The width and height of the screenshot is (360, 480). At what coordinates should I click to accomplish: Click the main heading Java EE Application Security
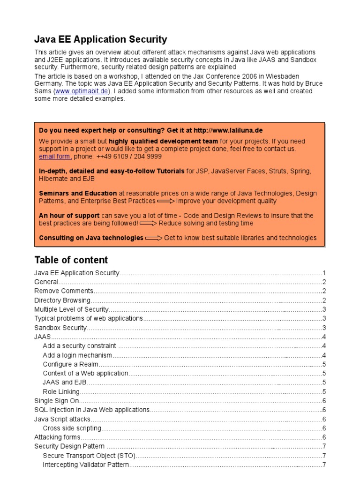point(101,39)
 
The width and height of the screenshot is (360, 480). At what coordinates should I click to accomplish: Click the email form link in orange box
point(55,157)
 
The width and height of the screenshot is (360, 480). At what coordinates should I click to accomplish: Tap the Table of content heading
point(71,260)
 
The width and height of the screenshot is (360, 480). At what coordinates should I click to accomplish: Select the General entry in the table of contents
point(46,282)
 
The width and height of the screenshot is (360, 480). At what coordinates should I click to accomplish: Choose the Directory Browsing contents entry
point(62,300)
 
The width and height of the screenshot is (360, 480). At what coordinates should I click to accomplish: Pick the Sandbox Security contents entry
point(60,328)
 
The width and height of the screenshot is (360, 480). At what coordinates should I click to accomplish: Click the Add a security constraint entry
point(79,346)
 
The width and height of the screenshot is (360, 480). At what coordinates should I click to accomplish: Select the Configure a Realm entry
point(70,364)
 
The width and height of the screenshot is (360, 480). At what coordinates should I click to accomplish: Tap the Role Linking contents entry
point(61,392)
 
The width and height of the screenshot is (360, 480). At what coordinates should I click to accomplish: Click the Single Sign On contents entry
point(57,401)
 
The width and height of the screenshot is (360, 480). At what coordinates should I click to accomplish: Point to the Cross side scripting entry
point(72,428)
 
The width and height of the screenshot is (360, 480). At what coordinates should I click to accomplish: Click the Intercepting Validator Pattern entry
point(85,465)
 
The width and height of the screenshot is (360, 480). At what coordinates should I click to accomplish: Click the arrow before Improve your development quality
point(165,201)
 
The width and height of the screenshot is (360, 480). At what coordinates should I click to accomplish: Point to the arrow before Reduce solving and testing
point(148,224)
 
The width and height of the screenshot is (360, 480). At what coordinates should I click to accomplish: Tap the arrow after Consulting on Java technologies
point(153,238)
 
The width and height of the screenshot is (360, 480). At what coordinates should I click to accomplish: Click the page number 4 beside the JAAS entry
point(324,337)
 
